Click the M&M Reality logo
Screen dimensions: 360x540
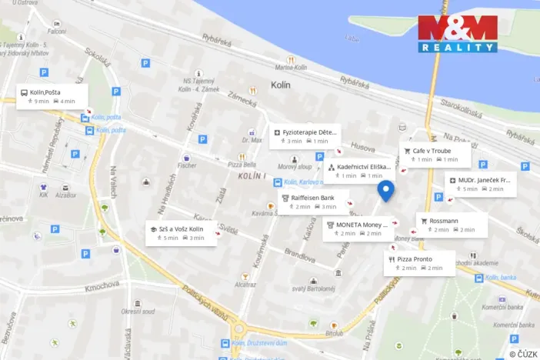tap(457, 34)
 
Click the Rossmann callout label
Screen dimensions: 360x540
tap(452, 225)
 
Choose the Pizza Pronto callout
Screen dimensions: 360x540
tap(420, 263)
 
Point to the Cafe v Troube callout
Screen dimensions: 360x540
tap(435, 155)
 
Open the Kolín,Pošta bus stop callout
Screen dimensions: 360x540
tap(53, 96)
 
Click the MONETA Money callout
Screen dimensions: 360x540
tap(358, 228)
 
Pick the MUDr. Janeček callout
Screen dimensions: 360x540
tap(482, 184)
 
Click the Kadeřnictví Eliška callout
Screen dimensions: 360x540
tap(358, 171)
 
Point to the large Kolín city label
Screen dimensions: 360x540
tap(280, 85)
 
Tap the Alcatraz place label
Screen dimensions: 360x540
tap(245, 285)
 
